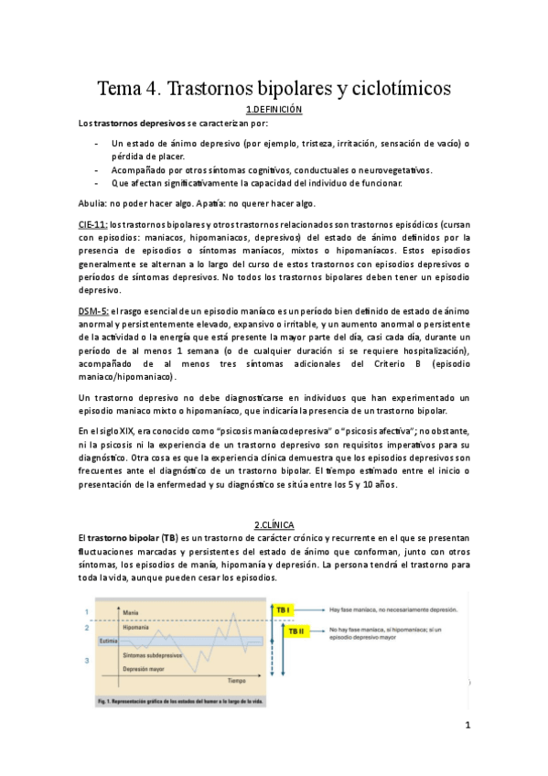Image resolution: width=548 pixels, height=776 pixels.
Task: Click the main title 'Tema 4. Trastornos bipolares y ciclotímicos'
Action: pos(274,89)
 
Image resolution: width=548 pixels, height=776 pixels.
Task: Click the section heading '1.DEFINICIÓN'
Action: pos(274,109)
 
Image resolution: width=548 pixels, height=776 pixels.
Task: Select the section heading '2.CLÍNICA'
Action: pos(274,524)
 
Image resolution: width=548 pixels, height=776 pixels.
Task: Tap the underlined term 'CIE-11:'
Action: pos(93,223)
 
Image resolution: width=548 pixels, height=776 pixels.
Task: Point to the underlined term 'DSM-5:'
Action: pos(93,311)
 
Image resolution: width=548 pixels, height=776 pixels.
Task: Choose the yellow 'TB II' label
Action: pos(296,630)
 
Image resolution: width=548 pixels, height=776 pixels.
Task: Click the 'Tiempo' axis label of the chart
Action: pos(236,681)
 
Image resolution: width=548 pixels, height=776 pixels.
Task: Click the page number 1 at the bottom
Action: pos(467,727)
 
